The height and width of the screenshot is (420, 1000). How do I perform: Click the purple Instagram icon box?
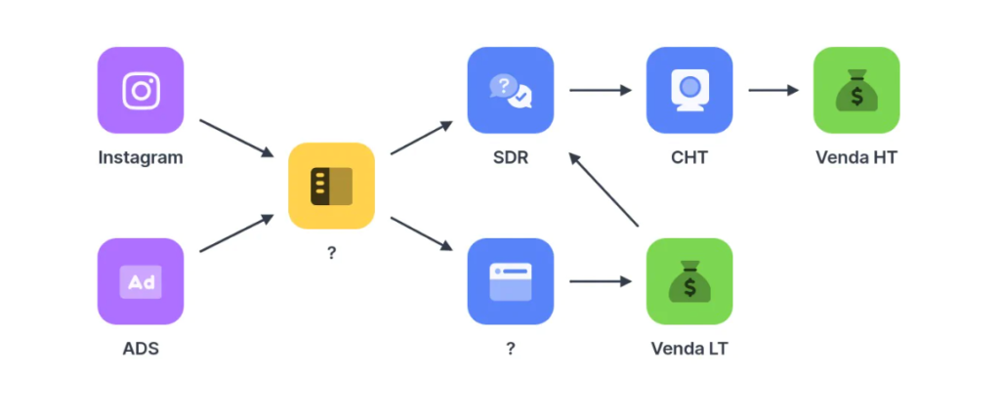(141, 90)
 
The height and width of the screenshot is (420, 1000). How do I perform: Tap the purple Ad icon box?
(141, 281)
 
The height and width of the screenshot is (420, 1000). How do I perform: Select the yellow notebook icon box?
(332, 186)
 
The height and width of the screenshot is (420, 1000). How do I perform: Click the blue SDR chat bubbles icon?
(510, 90)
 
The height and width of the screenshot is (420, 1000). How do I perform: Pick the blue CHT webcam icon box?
(689, 90)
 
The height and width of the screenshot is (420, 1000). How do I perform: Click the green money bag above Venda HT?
(856, 90)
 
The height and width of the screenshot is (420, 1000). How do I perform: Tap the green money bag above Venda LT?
(689, 281)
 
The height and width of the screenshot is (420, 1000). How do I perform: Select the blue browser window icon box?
(510, 281)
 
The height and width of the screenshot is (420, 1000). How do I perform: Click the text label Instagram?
(141, 157)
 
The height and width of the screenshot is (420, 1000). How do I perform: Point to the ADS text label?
(141, 349)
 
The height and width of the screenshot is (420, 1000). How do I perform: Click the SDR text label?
(511, 157)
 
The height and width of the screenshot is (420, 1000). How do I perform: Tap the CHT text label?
(689, 157)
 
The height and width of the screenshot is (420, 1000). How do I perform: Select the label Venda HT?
(856, 157)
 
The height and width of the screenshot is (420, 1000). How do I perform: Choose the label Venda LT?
(689, 349)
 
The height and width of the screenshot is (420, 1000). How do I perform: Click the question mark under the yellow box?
(332, 253)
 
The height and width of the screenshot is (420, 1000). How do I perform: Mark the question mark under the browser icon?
(511, 349)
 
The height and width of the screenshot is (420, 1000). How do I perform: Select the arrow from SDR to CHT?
(601, 90)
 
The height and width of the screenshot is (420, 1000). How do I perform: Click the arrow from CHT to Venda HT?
(773, 90)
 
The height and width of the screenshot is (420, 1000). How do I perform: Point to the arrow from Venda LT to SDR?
(604, 189)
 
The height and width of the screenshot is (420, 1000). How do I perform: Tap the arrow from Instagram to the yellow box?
(236, 138)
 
